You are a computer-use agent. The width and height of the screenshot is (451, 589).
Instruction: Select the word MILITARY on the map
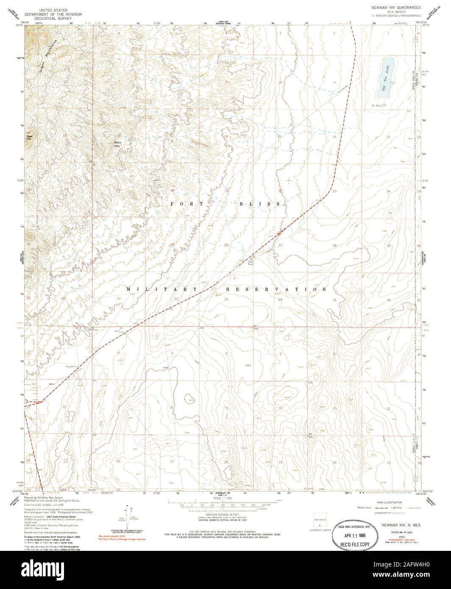tap(162, 289)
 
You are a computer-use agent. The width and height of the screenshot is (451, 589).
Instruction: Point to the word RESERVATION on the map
tap(276, 289)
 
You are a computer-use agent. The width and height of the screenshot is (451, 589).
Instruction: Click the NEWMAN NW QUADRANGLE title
tap(397, 8)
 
